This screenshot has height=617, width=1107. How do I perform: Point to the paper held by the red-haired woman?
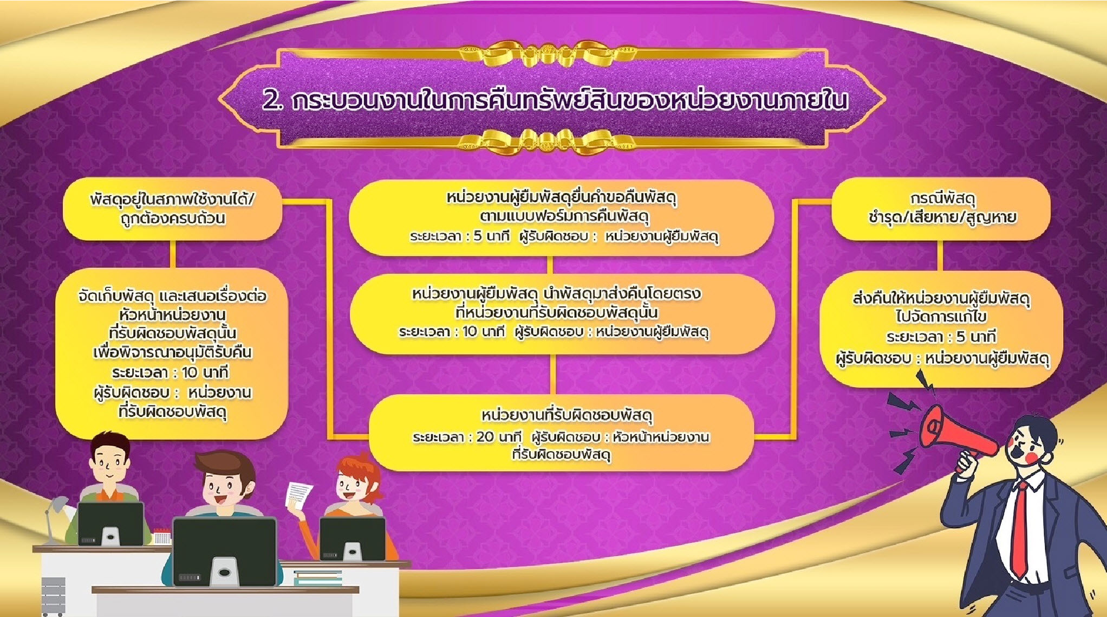coord(298,496)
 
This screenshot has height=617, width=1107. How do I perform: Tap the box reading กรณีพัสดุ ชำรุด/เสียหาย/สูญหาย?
coord(941,209)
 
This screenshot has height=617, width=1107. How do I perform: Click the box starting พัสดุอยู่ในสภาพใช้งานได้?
coord(172,209)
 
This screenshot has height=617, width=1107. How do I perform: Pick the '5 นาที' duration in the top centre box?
coord(491,236)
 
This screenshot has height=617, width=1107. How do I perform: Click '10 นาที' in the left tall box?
coord(205,372)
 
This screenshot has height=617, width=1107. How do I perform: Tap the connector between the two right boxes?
coord(940,255)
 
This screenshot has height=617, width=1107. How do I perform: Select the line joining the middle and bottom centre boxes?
coord(552,374)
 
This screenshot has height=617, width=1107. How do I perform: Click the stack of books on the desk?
coord(318,578)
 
